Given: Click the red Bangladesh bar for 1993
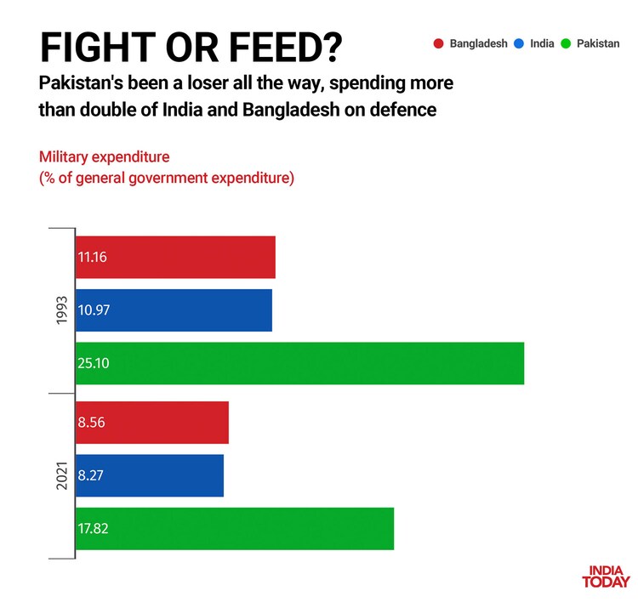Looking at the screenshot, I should [x=175, y=257].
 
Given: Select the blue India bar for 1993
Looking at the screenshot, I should [x=174, y=310].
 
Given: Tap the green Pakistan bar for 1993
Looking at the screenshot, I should [x=299, y=363].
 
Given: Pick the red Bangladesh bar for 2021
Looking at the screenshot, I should [x=152, y=423].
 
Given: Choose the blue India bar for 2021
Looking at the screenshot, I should [x=150, y=475].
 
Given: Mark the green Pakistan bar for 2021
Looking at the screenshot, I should [x=235, y=528].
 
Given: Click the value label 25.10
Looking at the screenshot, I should [x=94, y=363].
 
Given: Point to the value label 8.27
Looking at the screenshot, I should [x=92, y=475].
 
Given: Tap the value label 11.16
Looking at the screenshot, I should [x=94, y=257].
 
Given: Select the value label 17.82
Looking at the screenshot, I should [x=94, y=528].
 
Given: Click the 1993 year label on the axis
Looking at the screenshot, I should [x=60, y=310].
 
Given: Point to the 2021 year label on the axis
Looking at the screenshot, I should [x=60, y=475].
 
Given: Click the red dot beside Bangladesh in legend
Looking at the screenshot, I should [x=438, y=43].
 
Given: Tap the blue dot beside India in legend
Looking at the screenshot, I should [x=518, y=43].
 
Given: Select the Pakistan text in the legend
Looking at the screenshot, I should [x=599, y=43].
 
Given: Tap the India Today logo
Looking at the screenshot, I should [x=606, y=577].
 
